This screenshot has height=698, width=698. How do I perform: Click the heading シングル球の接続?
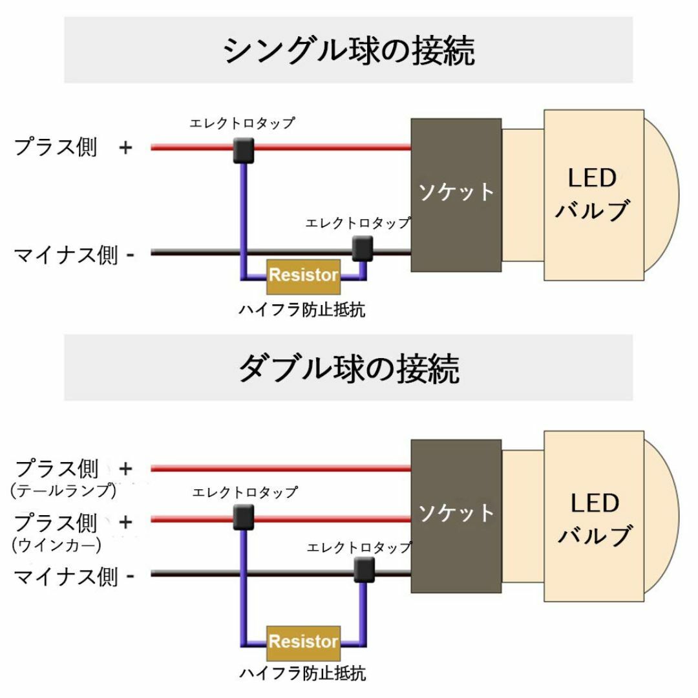tap(348, 51)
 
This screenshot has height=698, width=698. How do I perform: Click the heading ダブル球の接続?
tap(348, 368)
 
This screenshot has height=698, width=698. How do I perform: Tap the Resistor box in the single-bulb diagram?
tap(304, 277)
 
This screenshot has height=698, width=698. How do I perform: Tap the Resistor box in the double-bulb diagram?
tap(304, 643)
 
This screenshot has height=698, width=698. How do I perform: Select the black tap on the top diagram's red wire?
tap(244, 151)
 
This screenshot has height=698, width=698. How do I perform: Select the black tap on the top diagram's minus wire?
tap(363, 248)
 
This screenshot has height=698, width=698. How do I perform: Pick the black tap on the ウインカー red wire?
tap(244, 517)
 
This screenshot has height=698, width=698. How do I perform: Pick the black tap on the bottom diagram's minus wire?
tap(364, 570)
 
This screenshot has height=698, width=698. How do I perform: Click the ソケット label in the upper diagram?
tap(456, 193)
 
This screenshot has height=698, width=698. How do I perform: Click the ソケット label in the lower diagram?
tap(456, 513)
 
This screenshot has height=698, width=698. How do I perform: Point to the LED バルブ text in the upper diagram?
tap(593, 194)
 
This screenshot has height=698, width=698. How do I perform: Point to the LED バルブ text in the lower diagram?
tap(595, 518)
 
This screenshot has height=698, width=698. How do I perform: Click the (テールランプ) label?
tap(63, 490)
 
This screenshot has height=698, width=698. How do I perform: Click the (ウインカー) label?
tap(56, 545)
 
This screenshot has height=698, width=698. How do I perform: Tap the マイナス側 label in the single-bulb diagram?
tap(66, 255)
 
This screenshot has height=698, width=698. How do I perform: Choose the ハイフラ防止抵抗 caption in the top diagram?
tap(302, 310)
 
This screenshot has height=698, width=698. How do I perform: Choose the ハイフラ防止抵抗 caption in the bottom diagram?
tap(302, 673)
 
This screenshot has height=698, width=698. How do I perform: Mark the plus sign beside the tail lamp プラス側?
tap(126, 469)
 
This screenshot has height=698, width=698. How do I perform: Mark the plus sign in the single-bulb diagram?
tap(126, 147)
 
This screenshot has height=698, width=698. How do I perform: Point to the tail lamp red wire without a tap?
tap(281, 469)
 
